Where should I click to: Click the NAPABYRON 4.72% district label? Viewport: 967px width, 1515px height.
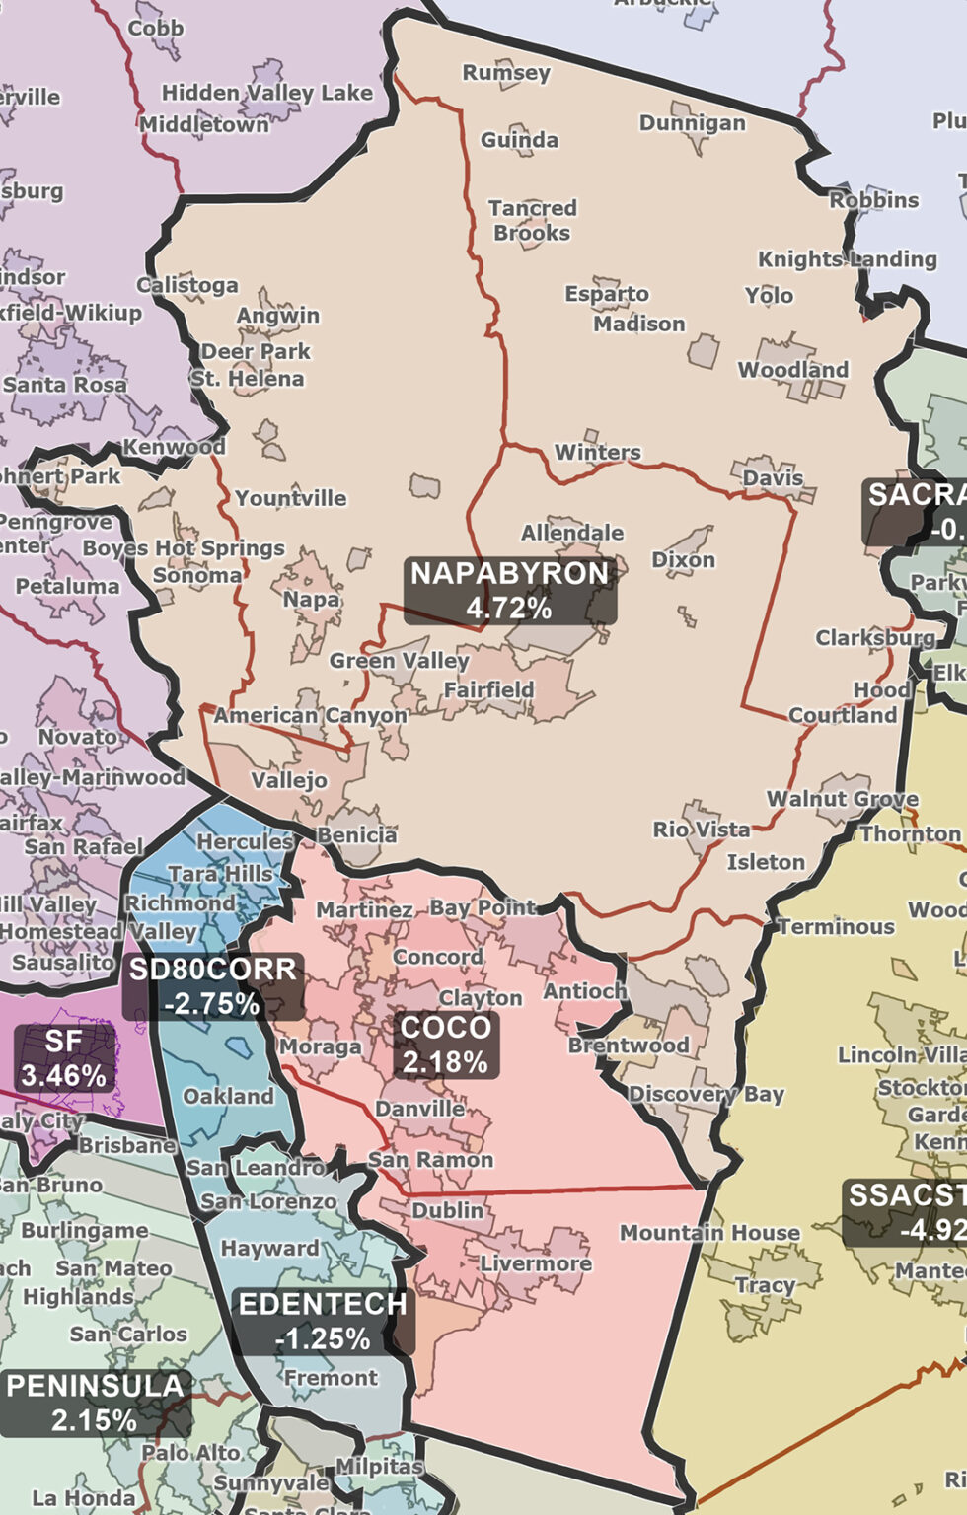pyautogui.click(x=509, y=590)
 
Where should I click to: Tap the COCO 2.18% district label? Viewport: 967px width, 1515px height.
pyautogui.click(x=445, y=1045)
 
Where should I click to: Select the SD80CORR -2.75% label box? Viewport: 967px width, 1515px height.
pyautogui.click(x=212, y=986)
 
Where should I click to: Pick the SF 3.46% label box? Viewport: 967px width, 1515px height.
pyautogui.click(x=64, y=1057)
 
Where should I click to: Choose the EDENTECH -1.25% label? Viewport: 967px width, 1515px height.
pyautogui.click(x=323, y=1321)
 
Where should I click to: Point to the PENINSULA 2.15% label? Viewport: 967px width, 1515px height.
pyautogui.click(x=95, y=1403)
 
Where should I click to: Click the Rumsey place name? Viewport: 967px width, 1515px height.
pyautogui.click(x=506, y=73)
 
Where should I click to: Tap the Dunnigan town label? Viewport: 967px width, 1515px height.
pyautogui.click(x=692, y=123)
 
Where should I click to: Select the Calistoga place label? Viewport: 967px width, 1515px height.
pyautogui.click(x=187, y=286)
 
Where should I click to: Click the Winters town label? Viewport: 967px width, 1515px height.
pyautogui.click(x=597, y=453)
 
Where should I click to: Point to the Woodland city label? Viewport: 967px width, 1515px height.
pyautogui.click(x=792, y=370)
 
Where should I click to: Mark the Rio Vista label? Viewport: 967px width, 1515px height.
pyautogui.click(x=701, y=830)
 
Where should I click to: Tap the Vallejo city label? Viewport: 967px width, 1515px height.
pyautogui.click(x=288, y=780)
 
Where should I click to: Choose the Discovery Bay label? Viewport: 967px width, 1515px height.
pyautogui.click(x=706, y=1094)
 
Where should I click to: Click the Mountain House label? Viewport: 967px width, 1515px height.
pyautogui.click(x=708, y=1233)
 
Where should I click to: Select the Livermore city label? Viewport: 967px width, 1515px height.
pyautogui.click(x=535, y=1263)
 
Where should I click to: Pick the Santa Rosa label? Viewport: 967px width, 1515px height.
pyautogui.click(x=65, y=385)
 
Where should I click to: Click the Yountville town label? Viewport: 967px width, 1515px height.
pyautogui.click(x=290, y=498)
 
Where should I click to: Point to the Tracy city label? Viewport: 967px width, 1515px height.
pyautogui.click(x=765, y=1285)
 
